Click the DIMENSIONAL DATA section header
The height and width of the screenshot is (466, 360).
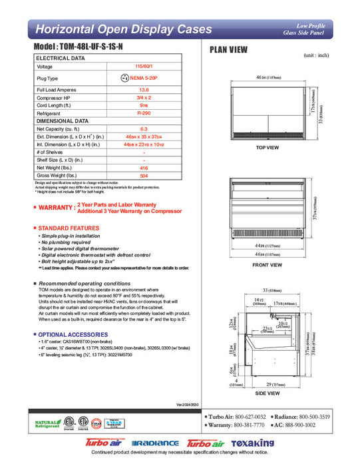[63, 121]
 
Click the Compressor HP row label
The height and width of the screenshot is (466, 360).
[56, 97]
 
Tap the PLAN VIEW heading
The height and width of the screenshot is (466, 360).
[230, 49]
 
